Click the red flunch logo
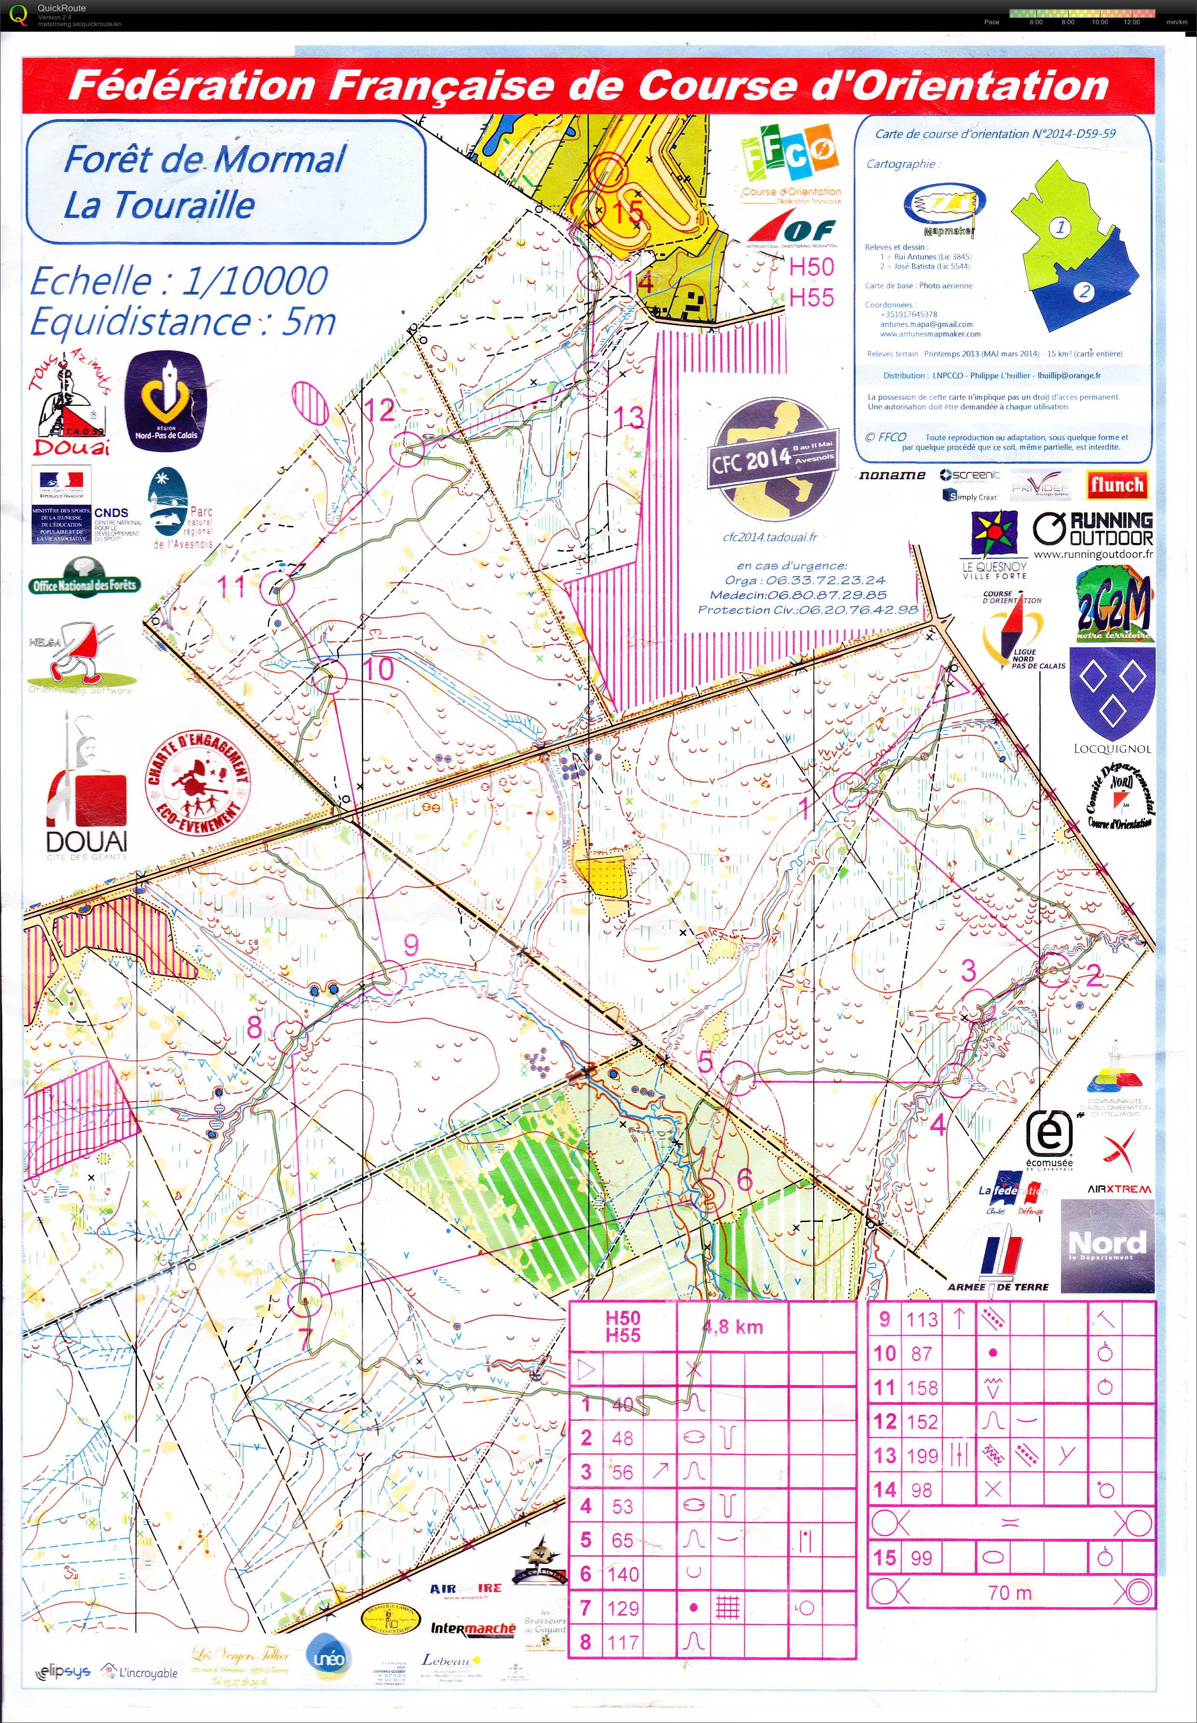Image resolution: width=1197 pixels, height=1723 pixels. click(1116, 485)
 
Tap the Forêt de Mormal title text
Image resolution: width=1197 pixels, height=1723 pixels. click(204, 160)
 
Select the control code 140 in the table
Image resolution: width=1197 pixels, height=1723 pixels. click(623, 1574)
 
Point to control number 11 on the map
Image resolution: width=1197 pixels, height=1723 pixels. click(232, 586)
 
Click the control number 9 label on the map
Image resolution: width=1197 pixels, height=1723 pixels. click(411, 945)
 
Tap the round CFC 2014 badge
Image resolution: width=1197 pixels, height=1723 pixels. click(773, 455)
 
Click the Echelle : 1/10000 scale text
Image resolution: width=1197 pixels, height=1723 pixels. click(178, 281)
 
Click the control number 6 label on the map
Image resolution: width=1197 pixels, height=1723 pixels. click(744, 1179)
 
